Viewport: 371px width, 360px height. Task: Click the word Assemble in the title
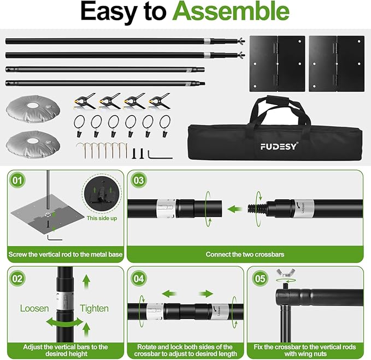click(x=231, y=11)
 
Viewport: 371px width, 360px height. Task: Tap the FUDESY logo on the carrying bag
click(x=279, y=147)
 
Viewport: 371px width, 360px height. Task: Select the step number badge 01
click(x=17, y=180)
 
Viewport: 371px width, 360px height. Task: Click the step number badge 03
click(x=139, y=180)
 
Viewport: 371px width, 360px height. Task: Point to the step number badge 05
click(x=260, y=278)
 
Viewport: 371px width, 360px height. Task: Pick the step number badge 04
click(x=139, y=278)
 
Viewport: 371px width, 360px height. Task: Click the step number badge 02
click(x=17, y=278)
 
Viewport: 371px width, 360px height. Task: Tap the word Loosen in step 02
click(x=34, y=309)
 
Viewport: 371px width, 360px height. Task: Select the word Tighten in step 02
click(x=94, y=309)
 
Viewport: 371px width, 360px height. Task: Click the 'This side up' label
click(x=102, y=218)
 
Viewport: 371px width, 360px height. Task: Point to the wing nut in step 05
click(x=286, y=273)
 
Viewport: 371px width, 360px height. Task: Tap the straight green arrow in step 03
click(x=235, y=209)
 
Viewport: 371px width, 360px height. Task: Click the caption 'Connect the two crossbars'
click(x=245, y=254)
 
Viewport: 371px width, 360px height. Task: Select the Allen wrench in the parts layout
click(x=160, y=155)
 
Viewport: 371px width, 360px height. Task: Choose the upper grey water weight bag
click(x=33, y=108)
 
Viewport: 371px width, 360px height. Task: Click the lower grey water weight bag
click(x=33, y=144)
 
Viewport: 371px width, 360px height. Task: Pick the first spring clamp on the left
click(x=84, y=101)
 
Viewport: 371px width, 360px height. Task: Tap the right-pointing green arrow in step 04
click(x=206, y=294)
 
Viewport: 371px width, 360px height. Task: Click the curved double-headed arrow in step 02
click(x=64, y=322)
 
